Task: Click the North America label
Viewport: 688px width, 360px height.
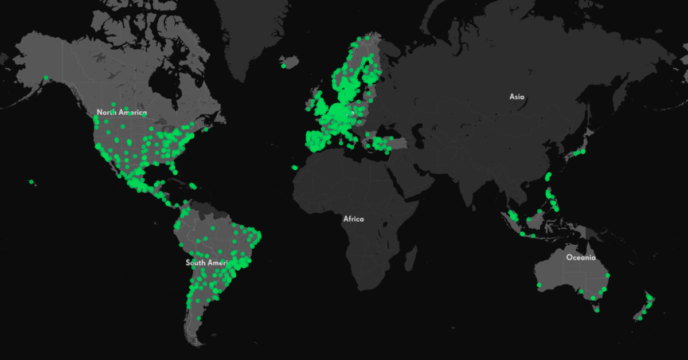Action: (x=122, y=112)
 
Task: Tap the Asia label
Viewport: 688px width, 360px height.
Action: (x=517, y=97)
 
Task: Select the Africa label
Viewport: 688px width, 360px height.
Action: (x=353, y=218)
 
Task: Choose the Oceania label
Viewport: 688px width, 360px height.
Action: (x=581, y=257)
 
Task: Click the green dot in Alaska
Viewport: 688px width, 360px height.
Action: (x=46, y=77)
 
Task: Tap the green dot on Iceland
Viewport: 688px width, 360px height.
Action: (x=284, y=66)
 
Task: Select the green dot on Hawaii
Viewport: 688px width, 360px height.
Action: (x=32, y=182)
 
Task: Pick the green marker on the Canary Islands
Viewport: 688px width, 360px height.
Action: (x=295, y=167)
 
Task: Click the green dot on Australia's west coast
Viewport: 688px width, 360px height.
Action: (x=539, y=285)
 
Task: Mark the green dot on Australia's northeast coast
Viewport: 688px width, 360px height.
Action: (x=608, y=276)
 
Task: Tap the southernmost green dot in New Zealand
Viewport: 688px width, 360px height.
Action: (x=640, y=318)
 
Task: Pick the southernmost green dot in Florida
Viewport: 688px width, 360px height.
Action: (x=174, y=171)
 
